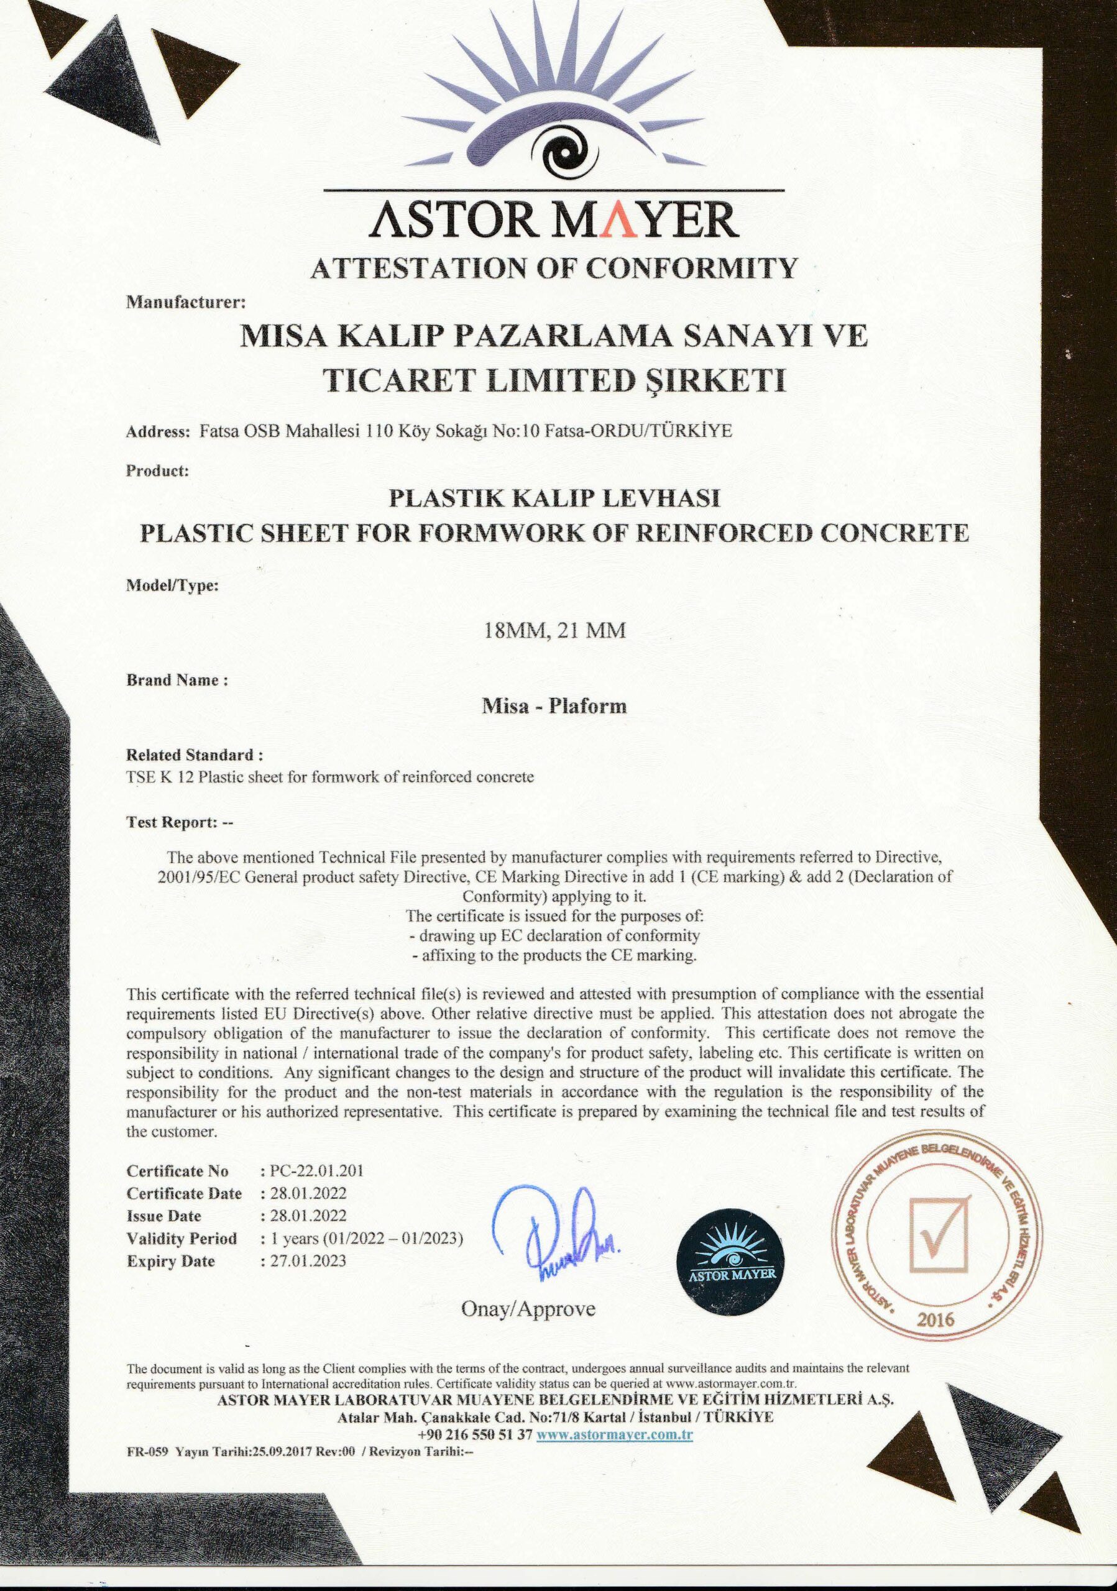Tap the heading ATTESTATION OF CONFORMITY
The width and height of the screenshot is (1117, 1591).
[554, 268]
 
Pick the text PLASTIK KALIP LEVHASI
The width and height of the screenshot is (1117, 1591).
[554, 499]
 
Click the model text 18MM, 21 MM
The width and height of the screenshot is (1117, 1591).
[554, 631]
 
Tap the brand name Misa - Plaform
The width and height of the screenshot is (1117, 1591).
[554, 706]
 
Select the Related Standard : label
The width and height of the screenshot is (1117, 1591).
[195, 754]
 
